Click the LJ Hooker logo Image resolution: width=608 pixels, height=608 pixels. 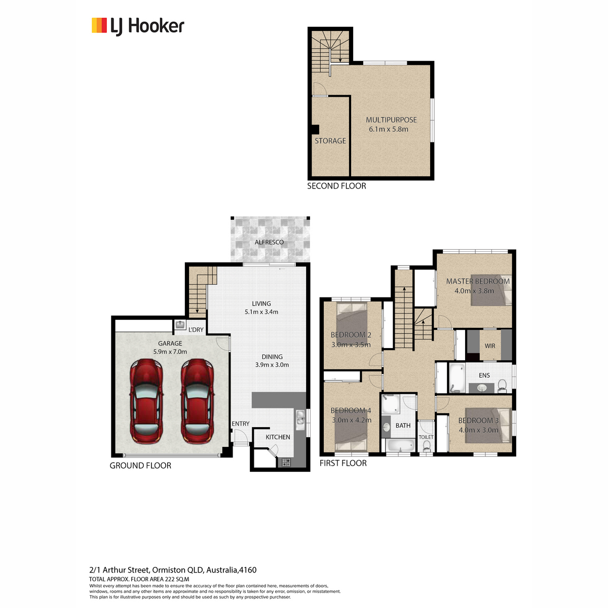[x=138, y=26]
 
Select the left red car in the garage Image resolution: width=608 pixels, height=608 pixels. [x=146, y=401]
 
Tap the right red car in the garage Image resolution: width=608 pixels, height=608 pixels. [x=197, y=401]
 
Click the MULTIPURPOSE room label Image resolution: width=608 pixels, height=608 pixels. [x=391, y=120]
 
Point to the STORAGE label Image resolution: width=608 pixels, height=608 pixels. [x=330, y=141]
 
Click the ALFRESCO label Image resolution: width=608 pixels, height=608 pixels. [x=269, y=242]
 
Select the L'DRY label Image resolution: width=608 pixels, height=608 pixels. [x=196, y=330]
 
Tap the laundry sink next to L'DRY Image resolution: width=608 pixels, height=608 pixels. [x=180, y=325]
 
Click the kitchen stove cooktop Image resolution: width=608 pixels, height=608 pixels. [x=286, y=462]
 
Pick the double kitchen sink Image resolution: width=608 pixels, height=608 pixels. [x=300, y=420]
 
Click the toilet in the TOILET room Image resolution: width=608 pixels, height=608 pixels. [x=426, y=446]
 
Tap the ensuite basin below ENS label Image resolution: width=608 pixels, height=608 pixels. [x=481, y=387]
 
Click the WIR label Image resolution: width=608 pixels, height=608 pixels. [x=489, y=346]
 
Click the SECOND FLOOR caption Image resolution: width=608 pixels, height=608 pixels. [x=336, y=186]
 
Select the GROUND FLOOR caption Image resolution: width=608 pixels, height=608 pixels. [x=140, y=466]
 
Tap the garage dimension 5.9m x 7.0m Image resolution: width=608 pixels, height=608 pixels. [x=170, y=352]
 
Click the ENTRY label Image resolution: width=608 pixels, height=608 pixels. [x=241, y=424]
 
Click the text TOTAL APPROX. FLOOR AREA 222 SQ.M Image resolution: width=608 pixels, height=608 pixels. [x=139, y=579]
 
